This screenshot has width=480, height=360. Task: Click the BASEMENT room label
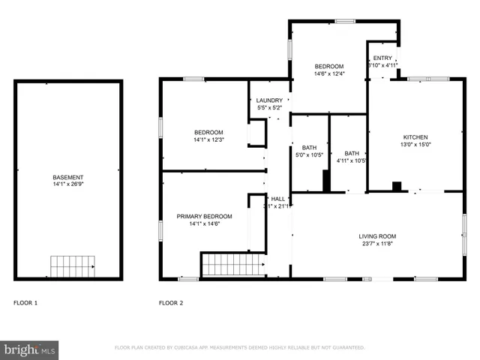(67, 177)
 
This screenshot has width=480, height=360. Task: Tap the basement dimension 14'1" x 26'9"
(67, 184)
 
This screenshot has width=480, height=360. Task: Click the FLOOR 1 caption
(25, 303)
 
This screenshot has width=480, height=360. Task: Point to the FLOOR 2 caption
(170, 303)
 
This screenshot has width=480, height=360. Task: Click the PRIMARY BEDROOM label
(204, 216)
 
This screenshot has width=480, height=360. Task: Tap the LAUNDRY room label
(269, 100)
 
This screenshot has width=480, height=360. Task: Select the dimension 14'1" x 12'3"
(209, 139)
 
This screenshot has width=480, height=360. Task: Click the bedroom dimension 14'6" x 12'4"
(328, 73)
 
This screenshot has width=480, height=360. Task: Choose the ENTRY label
(382, 58)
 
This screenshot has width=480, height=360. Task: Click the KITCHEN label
(415, 137)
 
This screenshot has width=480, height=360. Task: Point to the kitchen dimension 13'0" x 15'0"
(415, 145)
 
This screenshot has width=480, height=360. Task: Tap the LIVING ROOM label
(376, 237)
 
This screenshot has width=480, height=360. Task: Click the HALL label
(278, 199)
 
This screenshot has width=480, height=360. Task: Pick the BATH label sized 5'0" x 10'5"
(309, 148)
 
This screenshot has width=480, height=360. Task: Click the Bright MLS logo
(29, 349)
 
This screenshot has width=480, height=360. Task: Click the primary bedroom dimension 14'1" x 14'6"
(204, 223)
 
